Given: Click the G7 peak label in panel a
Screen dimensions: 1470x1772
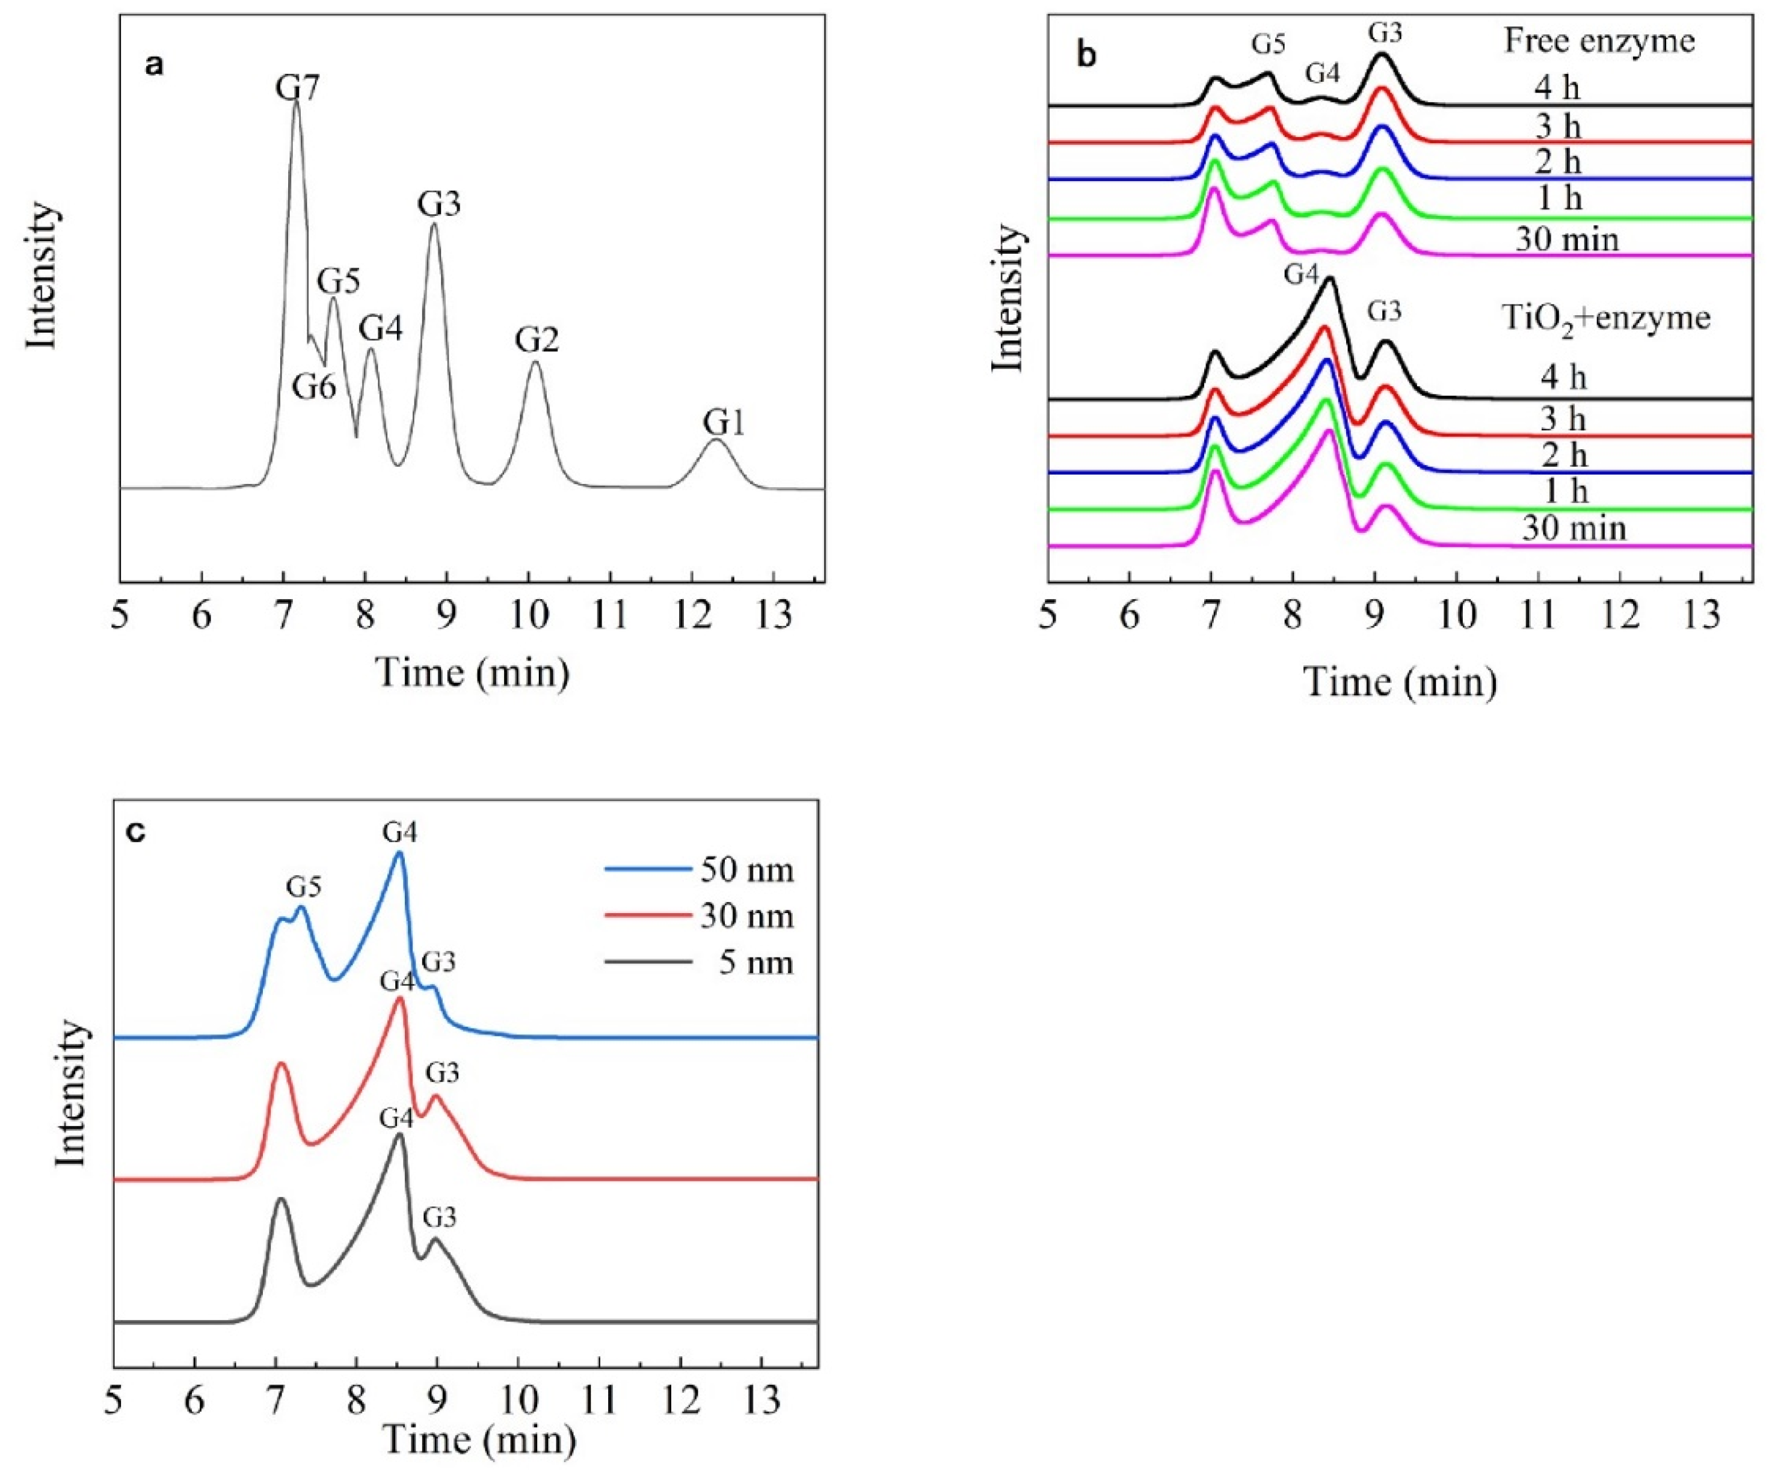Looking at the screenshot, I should pyautogui.click(x=298, y=88).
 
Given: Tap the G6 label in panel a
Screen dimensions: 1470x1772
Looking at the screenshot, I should pyautogui.click(x=314, y=387).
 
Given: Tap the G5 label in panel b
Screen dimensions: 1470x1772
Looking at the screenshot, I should pyautogui.click(x=1267, y=45).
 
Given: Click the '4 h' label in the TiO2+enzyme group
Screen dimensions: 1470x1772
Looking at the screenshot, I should pyautogui.click(x=1563, y=377).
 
